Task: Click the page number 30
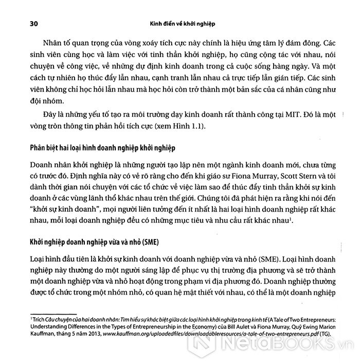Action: coord(24,24)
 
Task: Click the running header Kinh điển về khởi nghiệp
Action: coord(181,24)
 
